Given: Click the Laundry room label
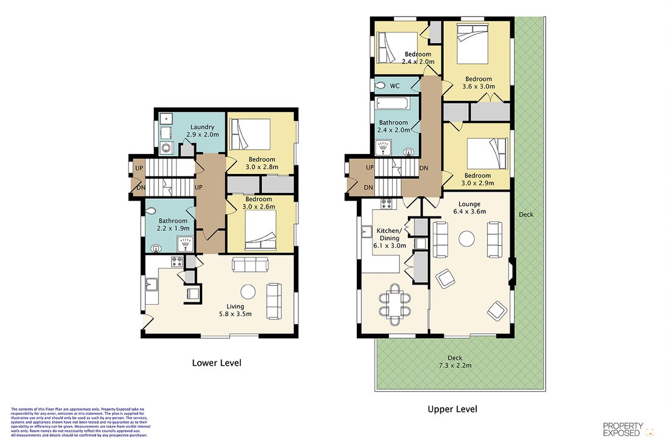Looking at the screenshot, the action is click(202, 127).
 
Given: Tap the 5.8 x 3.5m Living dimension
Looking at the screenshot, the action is click(236, 314).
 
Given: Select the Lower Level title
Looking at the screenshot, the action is click(217, 363).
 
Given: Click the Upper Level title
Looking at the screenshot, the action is click(452, 409).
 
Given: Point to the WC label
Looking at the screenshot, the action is click(394, 86).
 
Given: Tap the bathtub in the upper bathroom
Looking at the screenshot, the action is click(392, 103).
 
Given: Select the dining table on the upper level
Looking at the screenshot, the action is click(394, 305).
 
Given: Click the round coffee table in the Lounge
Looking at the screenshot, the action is click(467, 239).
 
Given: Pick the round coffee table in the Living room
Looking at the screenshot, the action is click(248, 291).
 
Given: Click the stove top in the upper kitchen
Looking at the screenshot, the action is click(387, 204).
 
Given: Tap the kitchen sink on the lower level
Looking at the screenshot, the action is click(152, 284).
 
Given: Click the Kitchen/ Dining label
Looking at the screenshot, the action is click(389, 234).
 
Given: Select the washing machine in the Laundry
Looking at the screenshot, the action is click(167, 148).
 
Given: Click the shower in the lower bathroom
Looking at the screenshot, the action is click(185, 245).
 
